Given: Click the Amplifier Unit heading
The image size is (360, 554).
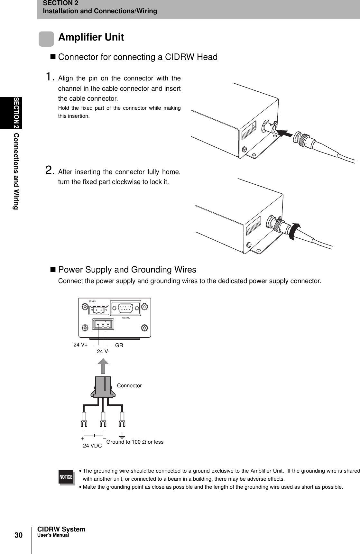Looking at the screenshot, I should [x=91, y=37].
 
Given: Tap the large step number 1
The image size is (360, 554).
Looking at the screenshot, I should [x=50, y=77].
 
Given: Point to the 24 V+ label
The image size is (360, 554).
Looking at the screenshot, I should [x=80, y=345].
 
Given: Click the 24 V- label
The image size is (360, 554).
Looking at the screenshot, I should [x=103, y=351].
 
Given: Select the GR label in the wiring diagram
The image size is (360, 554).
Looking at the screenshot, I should [x=119, y=345].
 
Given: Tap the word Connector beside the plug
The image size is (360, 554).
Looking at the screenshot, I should [x=129, y=385].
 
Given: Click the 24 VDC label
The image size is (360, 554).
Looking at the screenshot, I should [x=92, y=446].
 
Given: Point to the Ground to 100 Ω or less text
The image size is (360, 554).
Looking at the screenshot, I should [x=135, y=442].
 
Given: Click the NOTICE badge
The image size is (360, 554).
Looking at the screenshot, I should [x=66, y=477].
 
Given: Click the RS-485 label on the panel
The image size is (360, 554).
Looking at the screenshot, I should [x=92, y=301].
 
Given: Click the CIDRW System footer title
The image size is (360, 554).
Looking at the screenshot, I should [x=61, y=530].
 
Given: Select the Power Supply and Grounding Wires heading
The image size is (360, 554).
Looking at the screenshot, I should [x=127, y=269].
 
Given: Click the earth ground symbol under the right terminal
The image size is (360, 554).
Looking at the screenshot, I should [x=122, y=437].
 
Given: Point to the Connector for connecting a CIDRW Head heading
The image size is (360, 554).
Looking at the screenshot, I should [x=137, y=57].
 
